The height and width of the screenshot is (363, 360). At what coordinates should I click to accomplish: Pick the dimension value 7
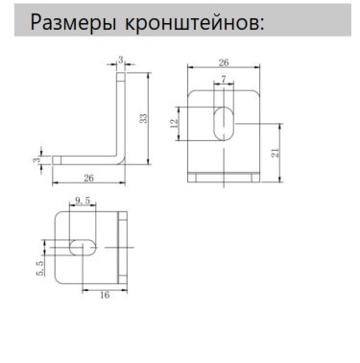[223, 80]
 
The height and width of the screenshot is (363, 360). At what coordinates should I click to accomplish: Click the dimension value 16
[105, 295]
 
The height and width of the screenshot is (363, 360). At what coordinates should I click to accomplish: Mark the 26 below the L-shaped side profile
[87, 177]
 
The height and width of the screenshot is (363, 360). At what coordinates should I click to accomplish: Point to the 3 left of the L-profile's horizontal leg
[37, 155]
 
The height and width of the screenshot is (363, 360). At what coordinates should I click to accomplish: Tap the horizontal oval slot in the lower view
[82, 247]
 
